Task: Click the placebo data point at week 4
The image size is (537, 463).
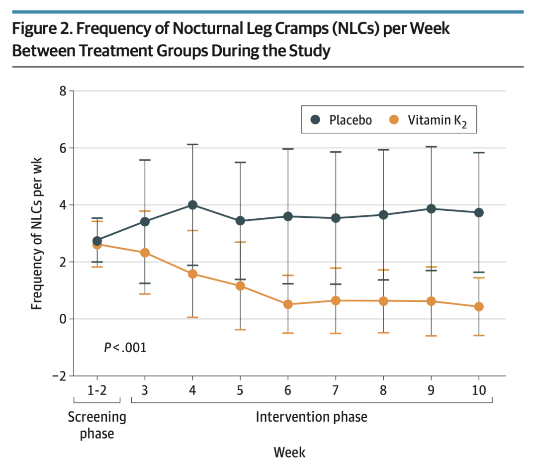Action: point(192,205)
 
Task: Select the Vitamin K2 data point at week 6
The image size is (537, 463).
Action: point(288,304)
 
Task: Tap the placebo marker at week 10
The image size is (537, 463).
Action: point(479,213)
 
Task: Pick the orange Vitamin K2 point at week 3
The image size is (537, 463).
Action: point(145,253)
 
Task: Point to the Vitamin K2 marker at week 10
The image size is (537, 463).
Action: point(479,307)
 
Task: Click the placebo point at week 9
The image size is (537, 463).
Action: point(431,209)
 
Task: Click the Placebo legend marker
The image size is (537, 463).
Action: point(315,119)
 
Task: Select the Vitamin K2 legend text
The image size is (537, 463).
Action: point(437,121)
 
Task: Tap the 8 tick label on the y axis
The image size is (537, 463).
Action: point(63,91)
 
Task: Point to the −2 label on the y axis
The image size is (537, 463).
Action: point(59,376)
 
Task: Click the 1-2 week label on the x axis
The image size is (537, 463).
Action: point(97,390)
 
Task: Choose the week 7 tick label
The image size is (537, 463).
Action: point(336,390)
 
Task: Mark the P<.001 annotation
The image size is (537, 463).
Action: point(125,348)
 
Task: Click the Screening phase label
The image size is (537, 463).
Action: point(97,425)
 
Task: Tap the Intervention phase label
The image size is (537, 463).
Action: point(312,417)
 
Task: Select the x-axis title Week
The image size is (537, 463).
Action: point(289,453)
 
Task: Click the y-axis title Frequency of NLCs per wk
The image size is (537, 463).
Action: point(36,234)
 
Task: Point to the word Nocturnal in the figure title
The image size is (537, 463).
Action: point(208,28)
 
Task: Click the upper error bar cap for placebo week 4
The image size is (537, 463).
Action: point(192,145)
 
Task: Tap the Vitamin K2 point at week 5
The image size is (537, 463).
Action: point(241,286)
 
